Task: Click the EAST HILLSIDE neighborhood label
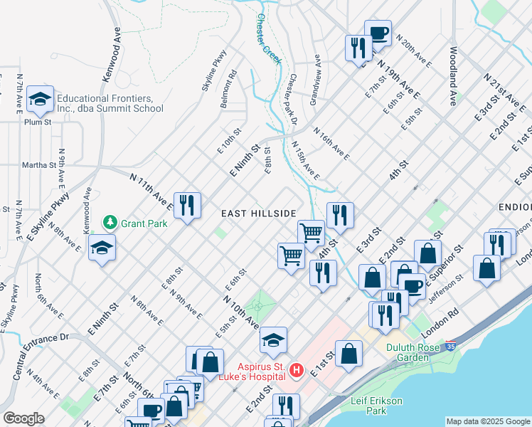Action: (x=257, y=213)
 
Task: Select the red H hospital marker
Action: (x=297, y=371)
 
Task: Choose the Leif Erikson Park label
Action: (x=379, y=406)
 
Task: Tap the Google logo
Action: (x=23, y=418)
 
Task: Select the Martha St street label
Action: (x=41, y=165)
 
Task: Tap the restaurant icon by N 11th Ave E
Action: (x=187, y=206)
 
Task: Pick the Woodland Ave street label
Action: (x=452, y=77)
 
